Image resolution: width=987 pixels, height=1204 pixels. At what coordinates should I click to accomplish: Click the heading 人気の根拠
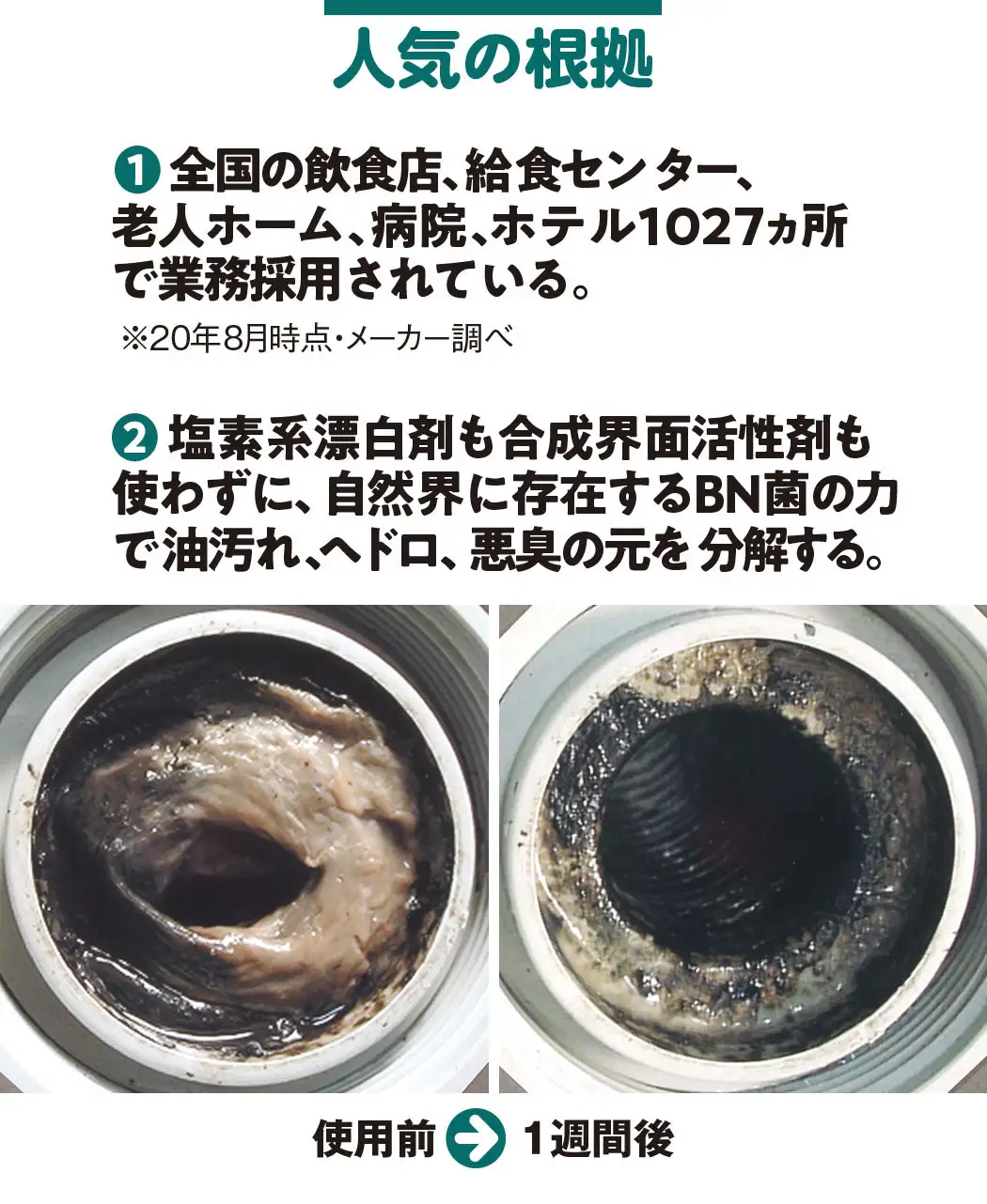pyautogui.click(x=493, y=60)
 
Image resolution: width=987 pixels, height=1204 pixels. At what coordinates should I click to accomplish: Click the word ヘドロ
pyautogui.click(x=376, y=551)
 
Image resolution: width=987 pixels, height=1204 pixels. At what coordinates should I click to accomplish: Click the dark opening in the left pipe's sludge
pyautogui.click(x=235, y=878)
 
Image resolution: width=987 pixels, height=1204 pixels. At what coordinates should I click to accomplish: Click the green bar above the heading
pyautogui.click(x=493, y=7)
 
